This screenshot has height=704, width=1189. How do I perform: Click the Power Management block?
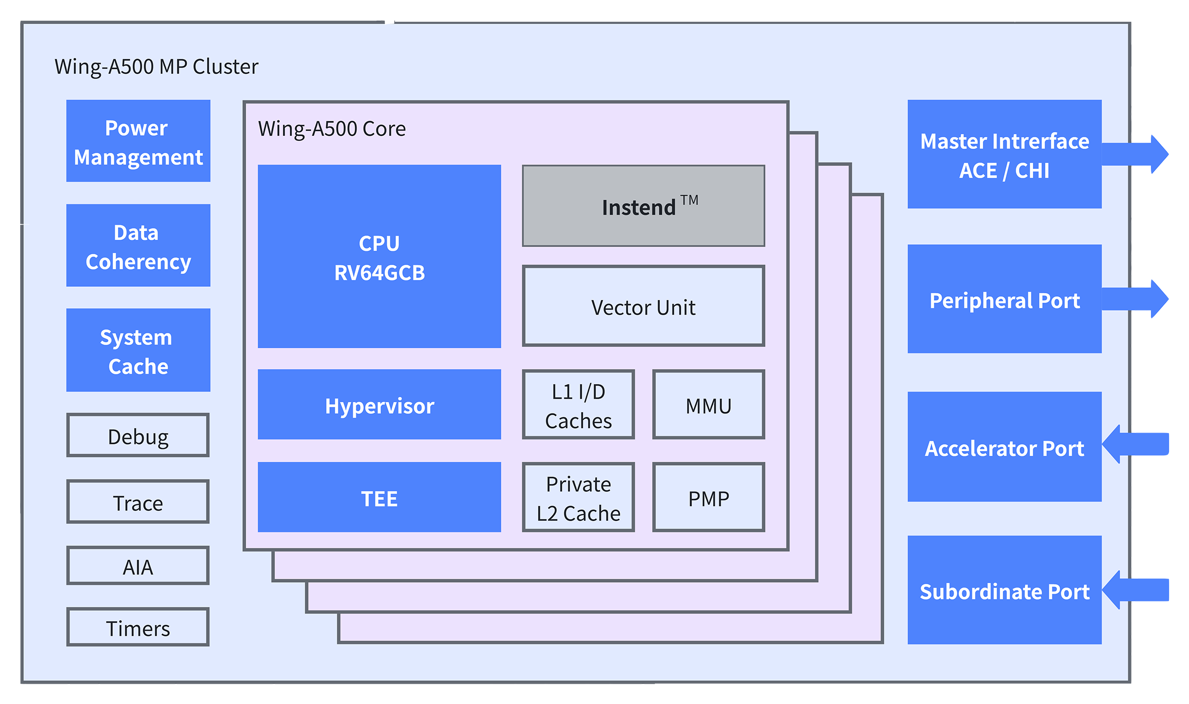click(138, 141)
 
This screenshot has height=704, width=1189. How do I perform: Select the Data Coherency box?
click(138, 246)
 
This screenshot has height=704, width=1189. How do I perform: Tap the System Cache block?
click(138, 350)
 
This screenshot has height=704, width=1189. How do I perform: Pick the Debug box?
click(138, 435)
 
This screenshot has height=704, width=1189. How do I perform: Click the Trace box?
click(138, 502)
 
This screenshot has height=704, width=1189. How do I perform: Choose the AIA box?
click(138, 566)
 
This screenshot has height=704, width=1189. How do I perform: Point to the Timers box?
click(138, 627)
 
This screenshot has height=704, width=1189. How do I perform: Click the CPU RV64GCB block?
click(379, 257)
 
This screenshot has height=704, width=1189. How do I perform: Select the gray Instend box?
click(644, 206)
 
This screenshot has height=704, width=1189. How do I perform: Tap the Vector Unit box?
click(644, 306)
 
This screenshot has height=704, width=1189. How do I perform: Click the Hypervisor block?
click(379, 405)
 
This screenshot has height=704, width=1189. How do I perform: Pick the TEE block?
click(379, 497)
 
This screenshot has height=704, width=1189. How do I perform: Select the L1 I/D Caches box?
click(579, 405)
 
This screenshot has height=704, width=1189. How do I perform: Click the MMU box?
click(708, 405)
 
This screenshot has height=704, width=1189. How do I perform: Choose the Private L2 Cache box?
click(579, 497)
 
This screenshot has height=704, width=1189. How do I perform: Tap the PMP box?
click(708, 497)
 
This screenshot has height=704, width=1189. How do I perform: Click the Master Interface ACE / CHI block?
click(1004, 155)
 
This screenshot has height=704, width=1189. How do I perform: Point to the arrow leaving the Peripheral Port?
click(1135, 299)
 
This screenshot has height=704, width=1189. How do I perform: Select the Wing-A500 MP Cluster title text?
click(156, 67)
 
